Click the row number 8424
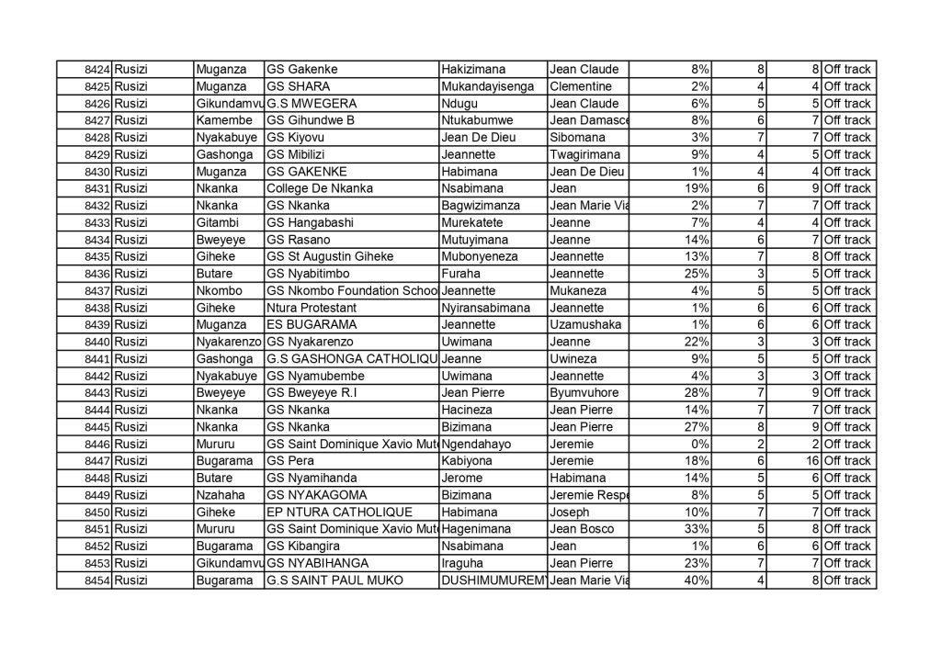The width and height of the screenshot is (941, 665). click(x=96, y=69)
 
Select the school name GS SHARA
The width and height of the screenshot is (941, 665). click(x=291, y=86)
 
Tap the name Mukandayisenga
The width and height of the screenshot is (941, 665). click(x=488, y=86)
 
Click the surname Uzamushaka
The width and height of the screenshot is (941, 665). click(x=584, y=325)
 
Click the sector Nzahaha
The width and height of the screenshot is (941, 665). click(x=219, y=495)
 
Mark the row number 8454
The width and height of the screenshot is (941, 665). click(x=96, y=580)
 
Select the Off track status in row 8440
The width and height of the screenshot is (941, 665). click(x=847, y=342)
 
